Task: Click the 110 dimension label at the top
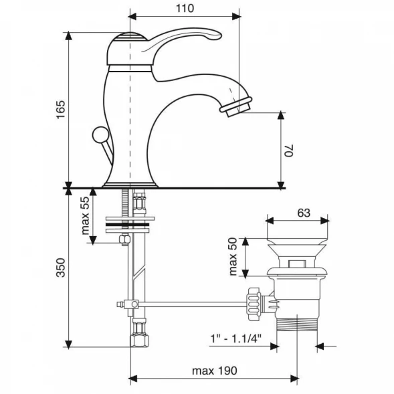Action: [x=185, y=8]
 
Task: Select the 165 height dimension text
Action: [x=60, y=110]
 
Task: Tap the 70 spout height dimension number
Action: [x=289, y=151]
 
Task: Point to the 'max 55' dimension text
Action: [x=86, y=215]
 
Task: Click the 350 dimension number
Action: [x=61, y=268]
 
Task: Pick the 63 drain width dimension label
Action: [x=304, y=213]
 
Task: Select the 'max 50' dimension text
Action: [x=233, y=256]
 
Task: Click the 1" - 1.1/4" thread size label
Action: [x=235, y=338]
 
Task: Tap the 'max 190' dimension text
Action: [x=214, y=371]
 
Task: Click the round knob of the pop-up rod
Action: [x=100, y=134]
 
